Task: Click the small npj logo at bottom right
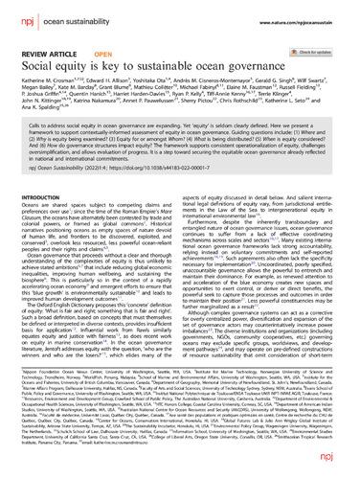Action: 342,468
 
